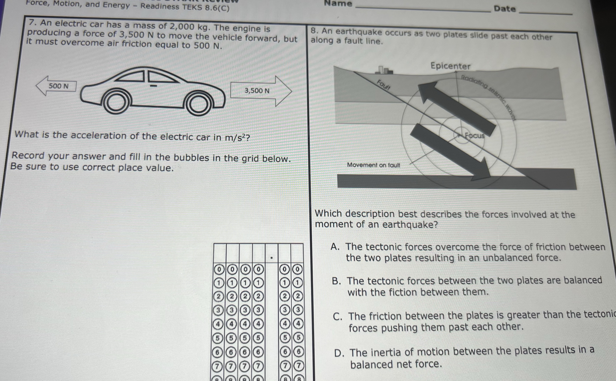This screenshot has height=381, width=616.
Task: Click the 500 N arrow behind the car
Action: point(57,86)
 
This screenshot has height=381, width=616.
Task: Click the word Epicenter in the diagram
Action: point(450,66)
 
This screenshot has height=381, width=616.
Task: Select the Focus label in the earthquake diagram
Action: point(475,136)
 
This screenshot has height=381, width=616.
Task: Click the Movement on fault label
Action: point(373,165)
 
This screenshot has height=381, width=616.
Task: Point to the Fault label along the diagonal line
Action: point(383,85)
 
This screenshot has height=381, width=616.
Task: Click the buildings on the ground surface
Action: point(383,70)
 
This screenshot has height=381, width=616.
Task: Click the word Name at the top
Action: point(338,3)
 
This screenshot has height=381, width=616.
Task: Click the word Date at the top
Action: point(505,9)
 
